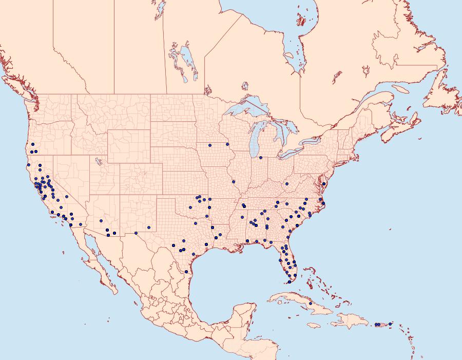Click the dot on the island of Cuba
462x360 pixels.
(311, 304)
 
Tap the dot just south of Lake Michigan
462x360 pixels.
(261, 158)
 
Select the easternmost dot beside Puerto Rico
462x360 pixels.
(390, 324)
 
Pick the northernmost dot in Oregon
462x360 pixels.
(32, 144)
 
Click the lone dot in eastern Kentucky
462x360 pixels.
(287, 183)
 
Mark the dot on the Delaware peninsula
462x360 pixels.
(324, 183)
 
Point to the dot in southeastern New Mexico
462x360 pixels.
(149, 227)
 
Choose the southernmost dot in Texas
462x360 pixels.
(186, 271)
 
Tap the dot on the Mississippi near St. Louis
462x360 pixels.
(233, 181)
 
